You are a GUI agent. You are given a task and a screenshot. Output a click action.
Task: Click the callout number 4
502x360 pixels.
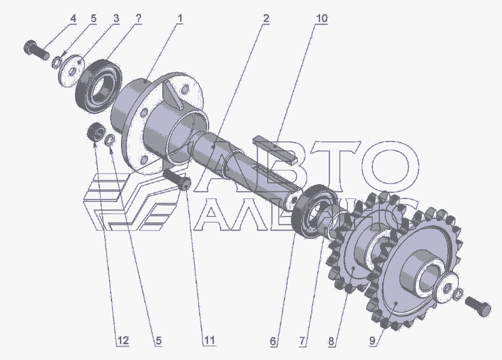click(x=73, y=18)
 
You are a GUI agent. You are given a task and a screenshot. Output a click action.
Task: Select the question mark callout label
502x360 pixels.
click(x=138, y=18)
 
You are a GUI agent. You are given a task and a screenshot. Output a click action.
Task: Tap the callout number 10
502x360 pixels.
click(x=321, y=18)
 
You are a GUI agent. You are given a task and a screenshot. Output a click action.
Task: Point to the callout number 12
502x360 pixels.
click(x=123, y=341)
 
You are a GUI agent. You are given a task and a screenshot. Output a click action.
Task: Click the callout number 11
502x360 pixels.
click(x=209, y=341)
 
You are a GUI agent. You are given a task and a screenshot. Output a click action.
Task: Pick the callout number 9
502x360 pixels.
click(x=373, y=341)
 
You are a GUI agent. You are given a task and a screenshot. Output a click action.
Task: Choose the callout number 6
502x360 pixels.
click(x=273, y=341)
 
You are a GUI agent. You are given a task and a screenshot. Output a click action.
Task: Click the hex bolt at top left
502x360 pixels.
click(x=36, y=51)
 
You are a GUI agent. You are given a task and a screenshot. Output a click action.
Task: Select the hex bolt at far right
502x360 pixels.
click(x=477, y=306)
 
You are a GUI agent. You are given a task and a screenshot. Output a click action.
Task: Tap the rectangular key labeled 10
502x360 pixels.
click(x=275, y=150)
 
